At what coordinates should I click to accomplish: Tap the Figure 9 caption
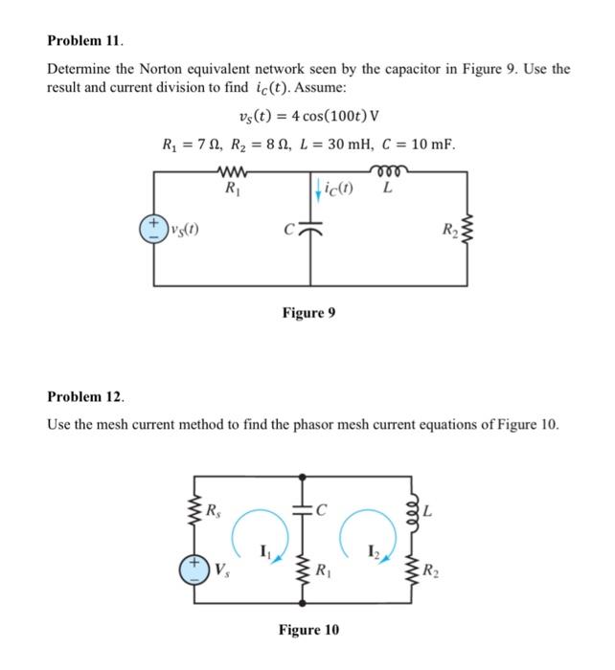pyautogui.click(x=307, y=313)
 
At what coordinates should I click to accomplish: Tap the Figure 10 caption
pyautogui.click(x=307, y=630)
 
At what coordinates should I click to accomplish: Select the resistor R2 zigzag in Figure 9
pyautogui.click(x=467, y=230)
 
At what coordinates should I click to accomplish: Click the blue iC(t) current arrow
pyautogui.click(x=311, y=188)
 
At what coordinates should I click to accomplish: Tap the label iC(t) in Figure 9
pyautogui.click(x=335, y=188)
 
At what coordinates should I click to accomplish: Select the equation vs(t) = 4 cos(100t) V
pyautogui.click(x=307, y=118)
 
